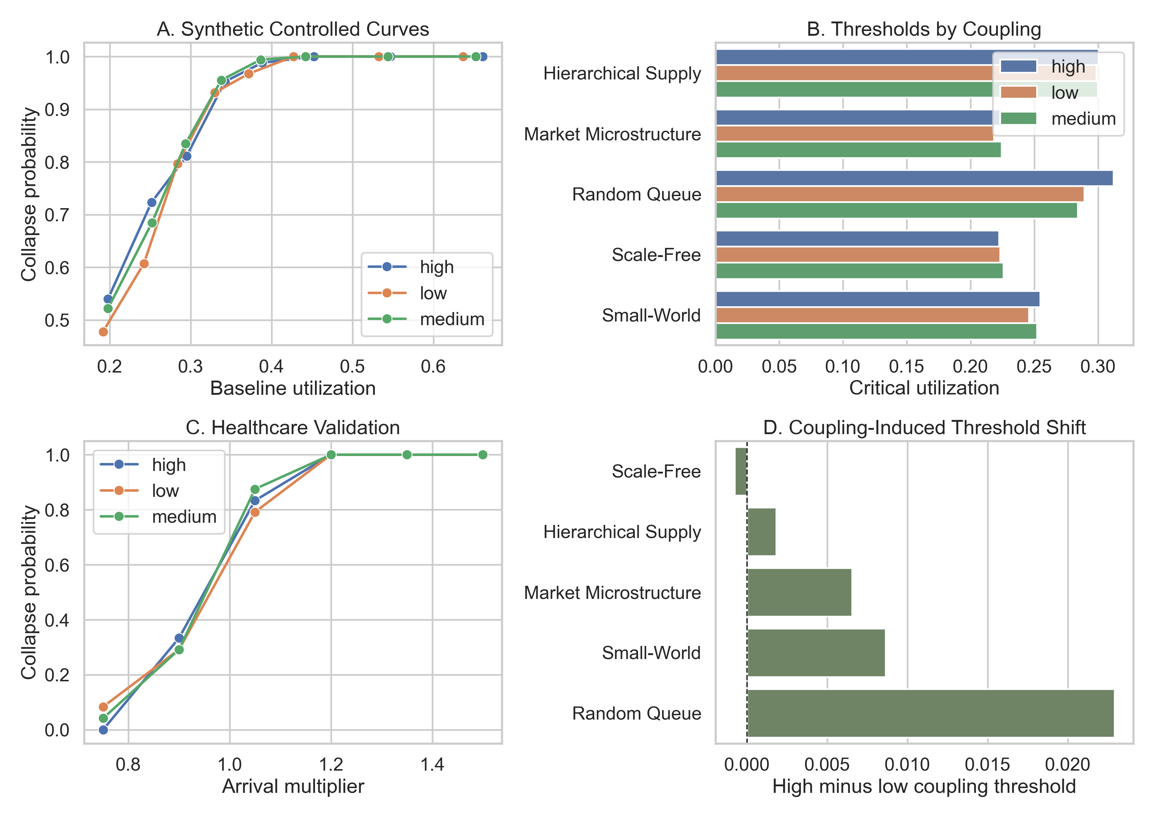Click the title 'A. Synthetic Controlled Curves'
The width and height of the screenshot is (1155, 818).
(293, 29)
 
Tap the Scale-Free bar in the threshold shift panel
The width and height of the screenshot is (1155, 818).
(741, 471)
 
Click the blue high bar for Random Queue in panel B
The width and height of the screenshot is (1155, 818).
(914, 178)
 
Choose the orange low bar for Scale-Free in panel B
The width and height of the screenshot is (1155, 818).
(857, 255)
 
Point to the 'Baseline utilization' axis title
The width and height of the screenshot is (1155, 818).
(293, 388)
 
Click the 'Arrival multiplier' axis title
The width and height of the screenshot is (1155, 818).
(293, 786)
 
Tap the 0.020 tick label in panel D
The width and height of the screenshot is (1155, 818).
(1067, 765)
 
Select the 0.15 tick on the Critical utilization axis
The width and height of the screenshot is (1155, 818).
(906, 366)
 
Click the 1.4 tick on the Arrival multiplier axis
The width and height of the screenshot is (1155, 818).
(432, 765)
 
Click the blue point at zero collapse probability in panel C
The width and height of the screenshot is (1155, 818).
(103, 730)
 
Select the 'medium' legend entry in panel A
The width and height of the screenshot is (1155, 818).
(452, 319)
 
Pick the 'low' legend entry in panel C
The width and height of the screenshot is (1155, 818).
(165, 491)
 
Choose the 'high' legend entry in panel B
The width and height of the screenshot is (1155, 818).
(1068, 66)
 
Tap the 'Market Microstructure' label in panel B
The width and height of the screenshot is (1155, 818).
(612, 134)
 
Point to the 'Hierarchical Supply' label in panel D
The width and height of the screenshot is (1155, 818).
(622, 532)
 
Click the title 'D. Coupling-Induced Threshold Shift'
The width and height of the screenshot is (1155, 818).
(924, 428)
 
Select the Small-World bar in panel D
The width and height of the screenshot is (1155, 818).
(816, 653)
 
